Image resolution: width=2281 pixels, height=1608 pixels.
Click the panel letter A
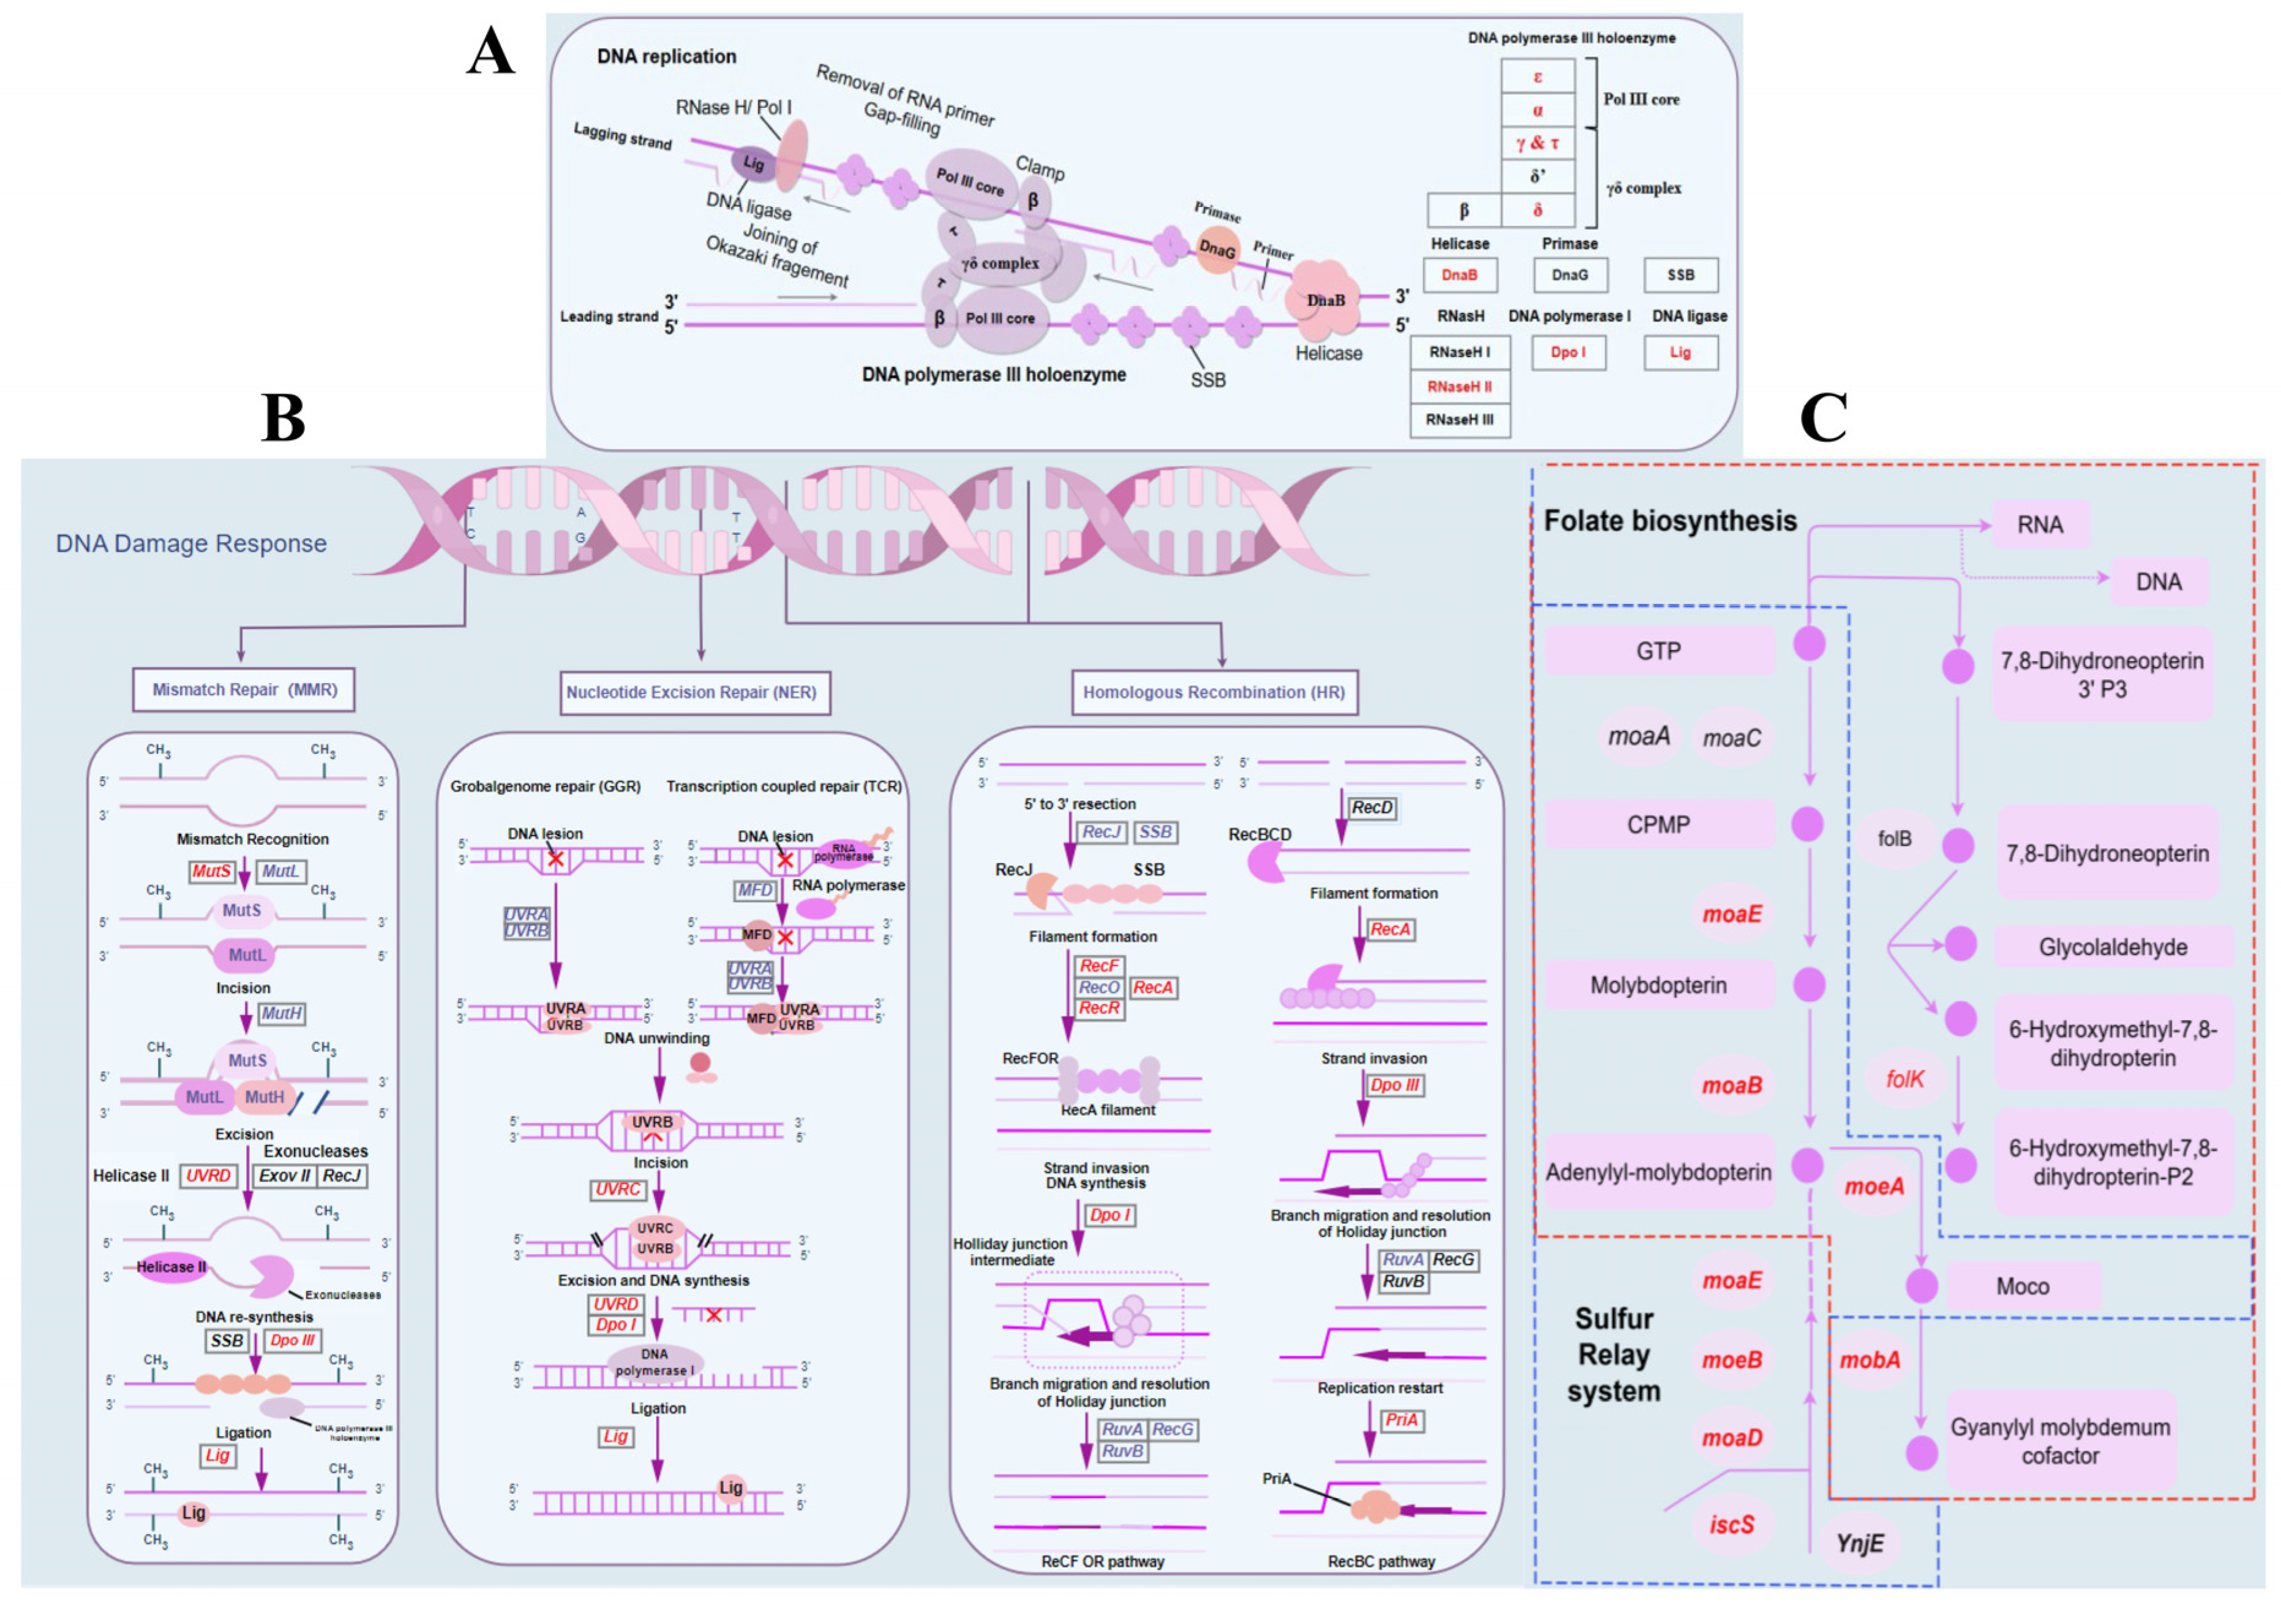[490, 51]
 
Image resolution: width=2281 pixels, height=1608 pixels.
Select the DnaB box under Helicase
[1459, 275]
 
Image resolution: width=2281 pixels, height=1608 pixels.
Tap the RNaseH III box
[1459, 420]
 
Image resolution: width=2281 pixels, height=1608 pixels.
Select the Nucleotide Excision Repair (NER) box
[691, 693]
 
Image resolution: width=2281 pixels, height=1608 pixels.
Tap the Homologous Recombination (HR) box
[1214, 693]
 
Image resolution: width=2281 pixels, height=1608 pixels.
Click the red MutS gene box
[212, 872]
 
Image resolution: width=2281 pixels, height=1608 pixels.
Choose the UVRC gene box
[618, 1190]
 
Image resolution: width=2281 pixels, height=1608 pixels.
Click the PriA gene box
[1401, 1420]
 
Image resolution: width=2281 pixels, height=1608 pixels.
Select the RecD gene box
[1372, 808]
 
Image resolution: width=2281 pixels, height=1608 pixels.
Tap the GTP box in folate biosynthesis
[1658, 651]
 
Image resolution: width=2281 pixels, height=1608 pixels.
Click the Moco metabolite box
[2023, 1286]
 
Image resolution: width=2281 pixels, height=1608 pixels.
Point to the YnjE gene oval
[1858, 1544]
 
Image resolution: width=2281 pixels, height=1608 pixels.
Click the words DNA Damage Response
[190, 543]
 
